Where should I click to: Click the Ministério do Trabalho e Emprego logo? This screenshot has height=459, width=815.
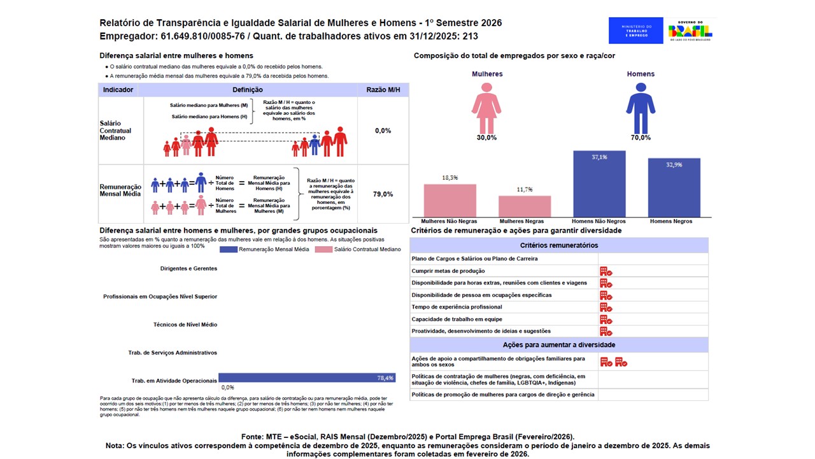tap(635, 31)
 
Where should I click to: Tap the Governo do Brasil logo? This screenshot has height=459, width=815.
tap(690, 31)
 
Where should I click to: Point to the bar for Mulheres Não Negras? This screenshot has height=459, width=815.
tap(450, 201)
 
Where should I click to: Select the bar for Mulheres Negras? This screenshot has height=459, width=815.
tap(525, 207)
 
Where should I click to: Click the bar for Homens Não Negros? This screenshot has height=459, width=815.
tap(599, 184)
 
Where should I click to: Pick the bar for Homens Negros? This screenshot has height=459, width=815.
tap(674, 188)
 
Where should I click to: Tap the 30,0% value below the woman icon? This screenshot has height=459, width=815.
tap(487, 138)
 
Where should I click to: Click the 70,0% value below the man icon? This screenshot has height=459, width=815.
tap(641, 138)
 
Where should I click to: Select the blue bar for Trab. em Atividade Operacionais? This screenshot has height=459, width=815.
tap(307, 378)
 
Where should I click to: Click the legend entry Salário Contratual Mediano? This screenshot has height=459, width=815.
tap(362, 249)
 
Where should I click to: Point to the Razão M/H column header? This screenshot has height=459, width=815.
tap(383, 90)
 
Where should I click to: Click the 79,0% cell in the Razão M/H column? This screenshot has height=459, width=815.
tap(383, 194)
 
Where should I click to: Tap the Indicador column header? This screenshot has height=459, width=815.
tap(118, 90)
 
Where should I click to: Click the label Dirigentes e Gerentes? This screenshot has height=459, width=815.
tap(188, 268)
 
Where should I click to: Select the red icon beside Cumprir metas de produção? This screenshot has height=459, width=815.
tap(606, 272)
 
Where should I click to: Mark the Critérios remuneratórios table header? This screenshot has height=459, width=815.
tap(558, 245)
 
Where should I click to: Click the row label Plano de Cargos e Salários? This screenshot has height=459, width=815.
tap(474, 259)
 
